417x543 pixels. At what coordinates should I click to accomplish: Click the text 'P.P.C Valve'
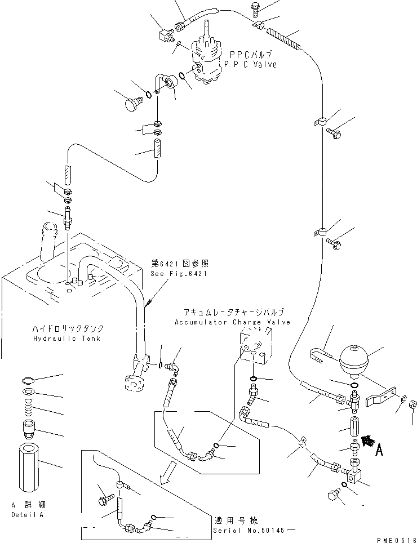pos(251,65)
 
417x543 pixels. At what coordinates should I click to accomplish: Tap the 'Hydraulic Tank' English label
pos(67,338)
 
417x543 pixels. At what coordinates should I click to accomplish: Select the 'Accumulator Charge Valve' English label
pos(232,322)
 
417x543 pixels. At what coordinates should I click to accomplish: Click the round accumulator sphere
pos(352,357)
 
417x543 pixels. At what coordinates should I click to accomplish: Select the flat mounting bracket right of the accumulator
pos(381,397)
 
